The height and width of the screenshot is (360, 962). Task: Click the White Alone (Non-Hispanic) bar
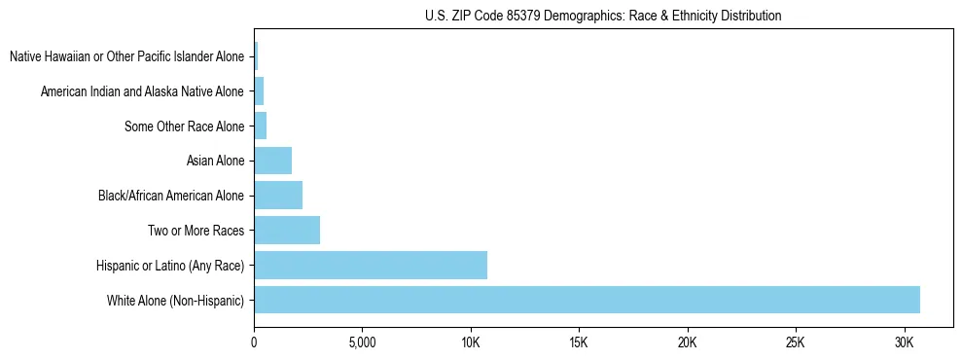587,300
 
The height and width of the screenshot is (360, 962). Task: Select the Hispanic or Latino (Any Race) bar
371,265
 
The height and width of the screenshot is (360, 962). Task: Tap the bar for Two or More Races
287,231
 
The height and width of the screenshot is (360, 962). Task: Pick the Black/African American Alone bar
278,196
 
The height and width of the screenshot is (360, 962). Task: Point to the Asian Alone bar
272,161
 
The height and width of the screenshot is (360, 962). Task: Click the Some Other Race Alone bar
260,126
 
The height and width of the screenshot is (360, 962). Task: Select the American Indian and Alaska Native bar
259,91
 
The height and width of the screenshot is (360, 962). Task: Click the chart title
603,16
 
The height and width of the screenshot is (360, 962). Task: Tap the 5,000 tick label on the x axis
362,342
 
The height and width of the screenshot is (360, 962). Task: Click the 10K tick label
471,342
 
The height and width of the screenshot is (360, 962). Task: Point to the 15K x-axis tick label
579,342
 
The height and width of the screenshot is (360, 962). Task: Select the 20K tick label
688,342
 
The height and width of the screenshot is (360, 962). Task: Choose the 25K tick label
796,342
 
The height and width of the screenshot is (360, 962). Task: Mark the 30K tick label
905,342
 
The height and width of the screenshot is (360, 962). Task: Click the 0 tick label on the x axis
254,342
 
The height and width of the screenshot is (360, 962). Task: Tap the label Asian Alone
215,161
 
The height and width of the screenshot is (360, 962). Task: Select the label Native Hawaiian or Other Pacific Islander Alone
126,56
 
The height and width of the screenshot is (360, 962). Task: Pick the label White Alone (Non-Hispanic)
176,300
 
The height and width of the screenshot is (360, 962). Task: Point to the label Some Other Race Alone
185,126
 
